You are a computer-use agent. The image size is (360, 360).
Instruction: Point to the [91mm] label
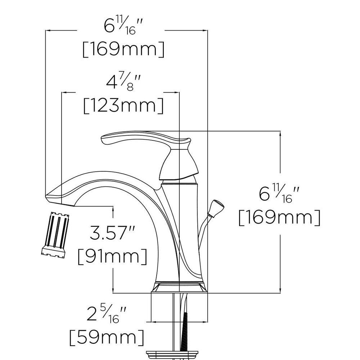point(112,256)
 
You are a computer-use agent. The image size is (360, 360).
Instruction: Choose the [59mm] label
point(107,337)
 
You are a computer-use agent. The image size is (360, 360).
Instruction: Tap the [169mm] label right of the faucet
point(279,218)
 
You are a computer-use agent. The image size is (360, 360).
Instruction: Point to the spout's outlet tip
point(54,196)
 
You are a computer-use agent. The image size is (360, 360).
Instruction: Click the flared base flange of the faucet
point(179,288)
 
